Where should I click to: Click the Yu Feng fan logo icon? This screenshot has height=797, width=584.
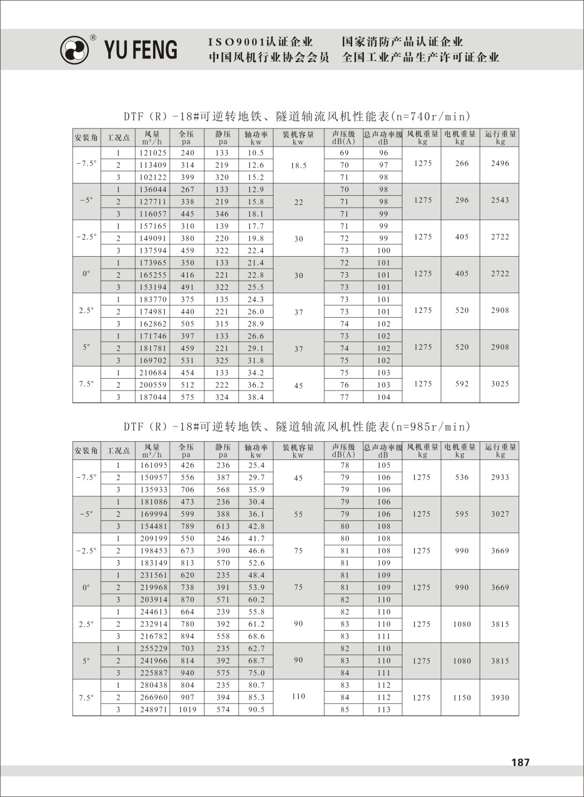(74, 50)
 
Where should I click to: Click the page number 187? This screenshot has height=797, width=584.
(520, 762)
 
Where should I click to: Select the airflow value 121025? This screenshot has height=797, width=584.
(153, 153)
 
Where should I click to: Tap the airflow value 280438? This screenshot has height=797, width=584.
(154, 685)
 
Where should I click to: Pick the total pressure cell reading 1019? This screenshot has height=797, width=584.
(187, 710)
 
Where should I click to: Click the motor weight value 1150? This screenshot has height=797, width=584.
(462, 698)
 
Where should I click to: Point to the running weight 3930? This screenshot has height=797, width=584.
(500, 698)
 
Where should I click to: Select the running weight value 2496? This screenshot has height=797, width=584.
(500, 164)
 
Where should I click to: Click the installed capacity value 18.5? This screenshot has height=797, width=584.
(299, 166)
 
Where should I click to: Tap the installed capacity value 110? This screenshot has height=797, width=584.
(299, 696)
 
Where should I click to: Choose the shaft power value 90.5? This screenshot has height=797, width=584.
(256, 710)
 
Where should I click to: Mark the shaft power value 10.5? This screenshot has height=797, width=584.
(256, 153)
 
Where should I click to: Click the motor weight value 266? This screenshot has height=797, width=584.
(462, 164)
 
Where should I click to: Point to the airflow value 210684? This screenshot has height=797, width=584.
(153, 373)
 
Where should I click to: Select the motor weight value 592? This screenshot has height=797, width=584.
(462, 384)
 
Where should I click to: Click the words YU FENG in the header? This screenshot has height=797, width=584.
(140, 50)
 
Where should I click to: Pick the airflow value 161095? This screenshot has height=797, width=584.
(154, 465)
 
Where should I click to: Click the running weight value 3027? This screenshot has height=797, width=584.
(500, 514)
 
